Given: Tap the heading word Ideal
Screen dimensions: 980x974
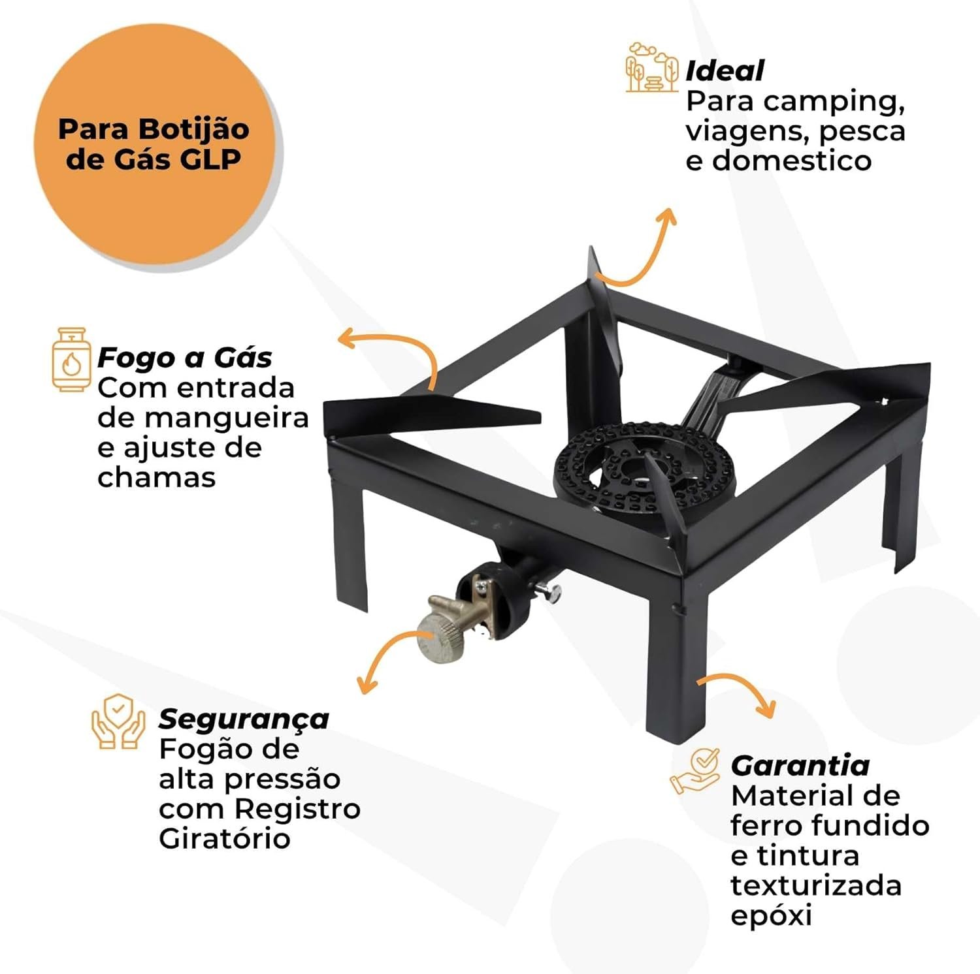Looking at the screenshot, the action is coord(725,71).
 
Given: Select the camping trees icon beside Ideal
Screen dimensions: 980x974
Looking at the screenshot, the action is coord(652,67).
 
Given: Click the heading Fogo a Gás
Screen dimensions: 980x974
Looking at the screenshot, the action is coord(185,357).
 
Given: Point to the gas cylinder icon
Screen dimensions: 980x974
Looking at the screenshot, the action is coord(71,360).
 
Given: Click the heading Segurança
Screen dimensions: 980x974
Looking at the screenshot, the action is coord(244,719).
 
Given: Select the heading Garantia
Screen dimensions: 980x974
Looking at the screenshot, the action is coord(800,765).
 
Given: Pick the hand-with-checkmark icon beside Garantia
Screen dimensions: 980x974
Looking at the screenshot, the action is coord(694,771).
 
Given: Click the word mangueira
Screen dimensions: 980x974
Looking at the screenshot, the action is coord(203,418).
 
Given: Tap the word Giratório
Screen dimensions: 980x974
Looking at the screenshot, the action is coord(224,839).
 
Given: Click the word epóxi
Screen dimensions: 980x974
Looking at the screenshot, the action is coord(771,915).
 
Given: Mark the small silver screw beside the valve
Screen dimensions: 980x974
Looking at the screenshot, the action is coord(549,591).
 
